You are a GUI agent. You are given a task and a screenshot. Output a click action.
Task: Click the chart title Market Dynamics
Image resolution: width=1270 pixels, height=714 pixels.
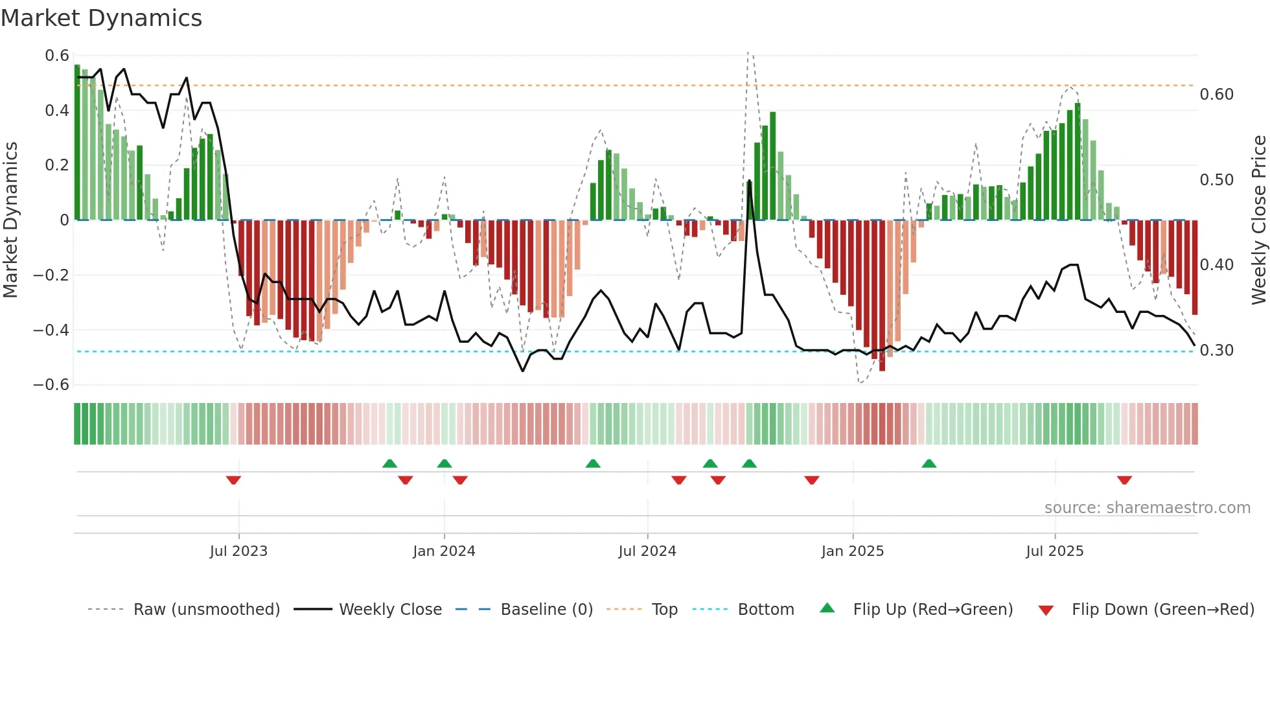coord(102,18)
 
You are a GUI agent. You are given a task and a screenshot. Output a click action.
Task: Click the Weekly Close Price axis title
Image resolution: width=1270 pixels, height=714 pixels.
coord(1258,220)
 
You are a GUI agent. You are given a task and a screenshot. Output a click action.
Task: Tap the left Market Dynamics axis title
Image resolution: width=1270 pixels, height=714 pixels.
coord(10,220)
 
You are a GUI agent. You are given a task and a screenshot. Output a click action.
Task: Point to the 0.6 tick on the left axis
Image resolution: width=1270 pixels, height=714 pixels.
coord(57,56)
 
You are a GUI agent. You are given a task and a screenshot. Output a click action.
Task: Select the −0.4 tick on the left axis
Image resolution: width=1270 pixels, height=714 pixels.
coord(51,330)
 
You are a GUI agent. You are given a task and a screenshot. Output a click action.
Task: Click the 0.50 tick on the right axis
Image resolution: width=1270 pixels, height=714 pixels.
coord(1216,179)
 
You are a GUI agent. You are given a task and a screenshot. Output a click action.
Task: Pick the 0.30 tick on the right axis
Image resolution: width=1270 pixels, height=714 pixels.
coord(1216,351)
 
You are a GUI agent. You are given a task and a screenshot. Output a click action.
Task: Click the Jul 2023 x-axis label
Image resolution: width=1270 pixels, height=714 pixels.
coord(238,551)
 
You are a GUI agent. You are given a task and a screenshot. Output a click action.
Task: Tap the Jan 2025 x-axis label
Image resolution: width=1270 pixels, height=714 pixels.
coord(852,551)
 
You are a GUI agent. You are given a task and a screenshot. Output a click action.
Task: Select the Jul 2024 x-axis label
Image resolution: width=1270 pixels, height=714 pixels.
coord(647,551)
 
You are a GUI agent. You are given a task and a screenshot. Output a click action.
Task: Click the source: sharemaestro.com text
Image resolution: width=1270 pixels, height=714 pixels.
coord(1147,508)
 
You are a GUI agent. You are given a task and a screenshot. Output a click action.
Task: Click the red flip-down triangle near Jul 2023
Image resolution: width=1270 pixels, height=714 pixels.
coord(233,480)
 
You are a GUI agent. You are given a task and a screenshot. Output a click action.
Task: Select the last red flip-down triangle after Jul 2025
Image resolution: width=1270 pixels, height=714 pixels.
coord(1124,480)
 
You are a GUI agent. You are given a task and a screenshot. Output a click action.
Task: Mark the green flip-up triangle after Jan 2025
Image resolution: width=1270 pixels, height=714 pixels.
coord(929,463)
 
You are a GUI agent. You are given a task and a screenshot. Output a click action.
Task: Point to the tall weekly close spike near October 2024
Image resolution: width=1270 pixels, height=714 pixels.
coord(749,181)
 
